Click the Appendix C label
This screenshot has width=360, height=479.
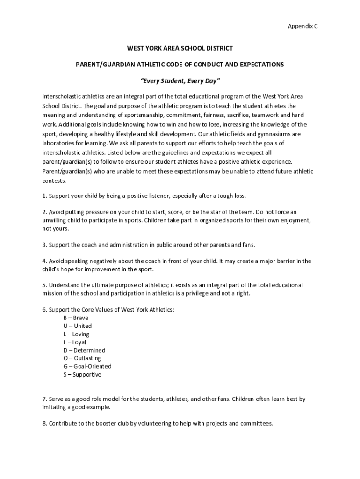(x=302, y=27)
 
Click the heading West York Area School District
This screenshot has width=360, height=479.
(x=180, y=48)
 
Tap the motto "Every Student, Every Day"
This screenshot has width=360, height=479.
(x=180, y=80)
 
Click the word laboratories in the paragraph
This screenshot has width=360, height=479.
(x=58, y=143)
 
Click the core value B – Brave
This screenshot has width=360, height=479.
(x=76, y=318)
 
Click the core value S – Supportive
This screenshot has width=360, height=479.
(x=82, y=375)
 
